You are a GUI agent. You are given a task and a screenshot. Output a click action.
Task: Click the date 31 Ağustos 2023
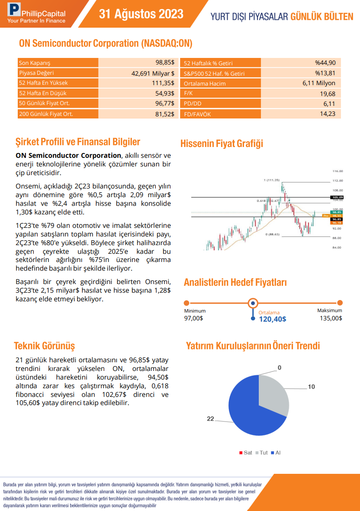tap(141, 14)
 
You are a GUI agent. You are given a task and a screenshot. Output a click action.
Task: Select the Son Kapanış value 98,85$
tap(165, 63)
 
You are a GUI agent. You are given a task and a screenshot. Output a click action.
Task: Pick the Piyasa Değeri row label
tap(37, 73)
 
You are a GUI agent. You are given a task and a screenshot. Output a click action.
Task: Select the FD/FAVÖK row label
tap(196, 114)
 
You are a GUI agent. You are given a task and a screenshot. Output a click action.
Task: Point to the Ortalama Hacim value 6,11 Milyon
tap(319, 83)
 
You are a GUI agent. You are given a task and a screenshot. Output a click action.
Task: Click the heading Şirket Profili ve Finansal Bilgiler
tap(78, 142)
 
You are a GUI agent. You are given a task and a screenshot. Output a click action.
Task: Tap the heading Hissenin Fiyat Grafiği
tap(222, 144)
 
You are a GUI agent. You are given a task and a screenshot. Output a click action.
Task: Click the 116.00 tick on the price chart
tap(337, 171)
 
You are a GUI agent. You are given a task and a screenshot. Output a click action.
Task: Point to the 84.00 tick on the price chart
tap(337, 248)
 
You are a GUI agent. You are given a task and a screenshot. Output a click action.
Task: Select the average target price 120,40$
tap(273, 319)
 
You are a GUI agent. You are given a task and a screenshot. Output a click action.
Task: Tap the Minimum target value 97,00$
tap(193, 318)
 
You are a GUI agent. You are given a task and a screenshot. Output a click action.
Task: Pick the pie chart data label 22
tap(211, 419)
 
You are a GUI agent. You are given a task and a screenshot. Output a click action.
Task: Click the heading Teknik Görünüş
tap(45, 346)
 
